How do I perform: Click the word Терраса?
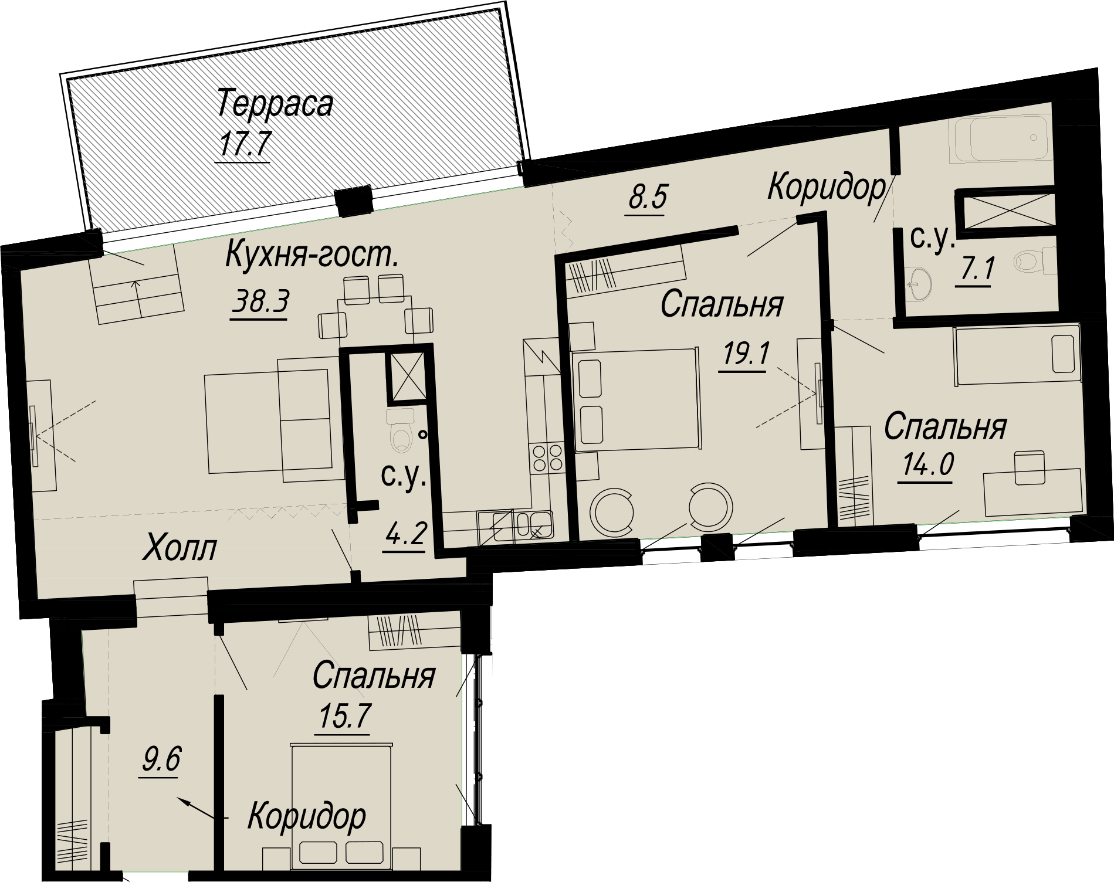pos(275,104)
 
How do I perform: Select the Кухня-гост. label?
pos(312,256)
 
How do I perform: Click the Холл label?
pos(180,548)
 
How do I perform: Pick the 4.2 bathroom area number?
pos(405,533)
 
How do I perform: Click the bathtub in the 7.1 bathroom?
pos(1001,139)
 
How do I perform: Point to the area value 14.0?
pos(927,465)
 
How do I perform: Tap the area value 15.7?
pos(344,716)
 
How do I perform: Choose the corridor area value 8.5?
pos(647,197)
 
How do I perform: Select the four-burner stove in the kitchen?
pos(546,458)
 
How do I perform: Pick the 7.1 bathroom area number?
pos(974,270)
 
